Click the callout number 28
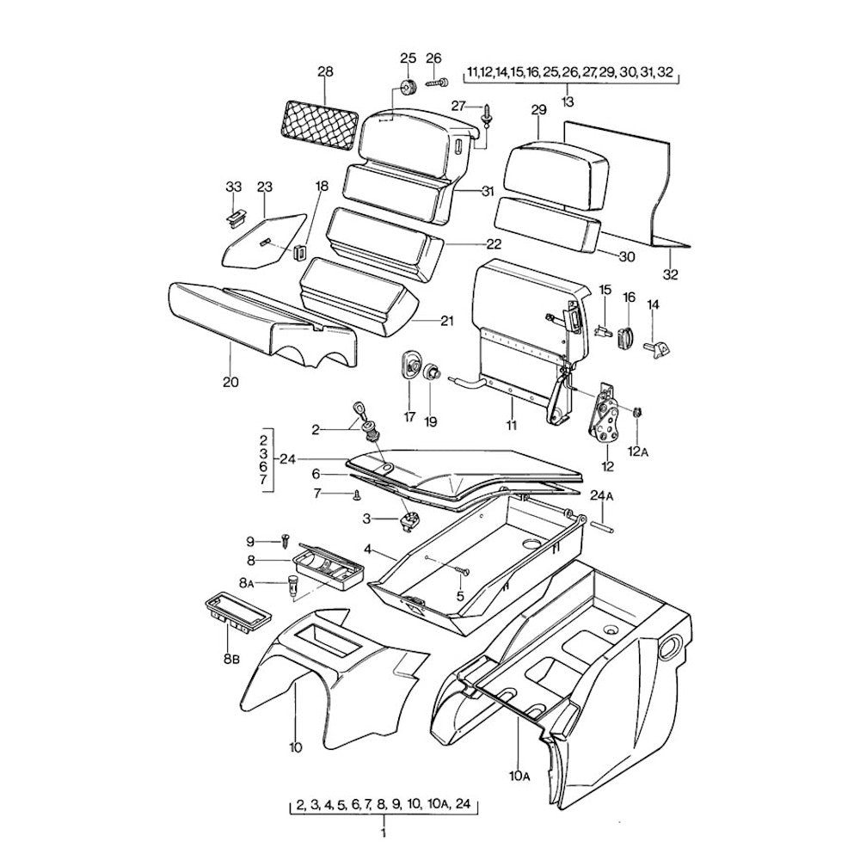tap(325, 73)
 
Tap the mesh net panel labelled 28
tap(321, 119)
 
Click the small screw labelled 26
tap(438, 83)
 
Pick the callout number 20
tap(230, 381)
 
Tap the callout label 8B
tap(230, 660)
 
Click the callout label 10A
tap(519, 777)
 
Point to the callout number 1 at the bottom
tap(383, 832)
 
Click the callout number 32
tap(671, 275)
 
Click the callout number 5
tap(460, 595)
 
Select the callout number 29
tap(539, 110)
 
